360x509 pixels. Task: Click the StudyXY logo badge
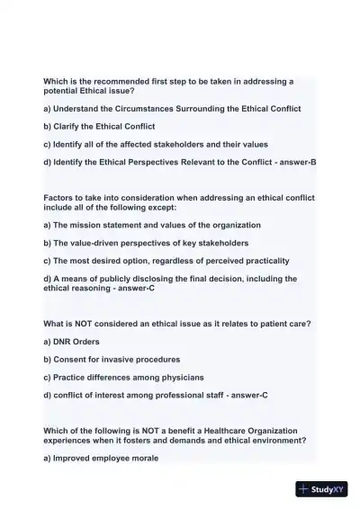[322, 489]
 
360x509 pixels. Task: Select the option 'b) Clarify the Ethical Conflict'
[99, 126]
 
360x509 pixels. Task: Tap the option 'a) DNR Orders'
[71, 342]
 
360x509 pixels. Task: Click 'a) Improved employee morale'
[101, 458]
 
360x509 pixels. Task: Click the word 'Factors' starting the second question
[59, 197]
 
